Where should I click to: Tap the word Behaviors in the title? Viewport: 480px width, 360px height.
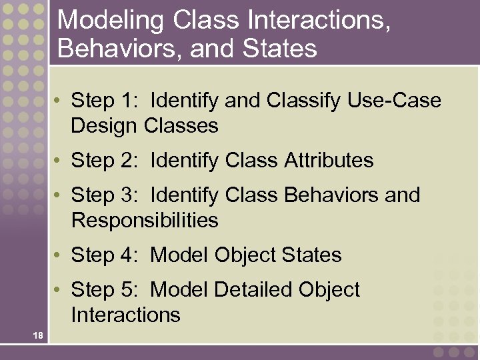[x=115, y=48]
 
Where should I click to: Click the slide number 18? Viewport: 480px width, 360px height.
[x=38, y=335]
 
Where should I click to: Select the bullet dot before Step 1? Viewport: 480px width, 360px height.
[x=59, y=101]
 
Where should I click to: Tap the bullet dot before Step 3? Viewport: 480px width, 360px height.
[x=59, y=195]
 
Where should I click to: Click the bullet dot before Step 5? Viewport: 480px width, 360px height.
[x=59, y=290]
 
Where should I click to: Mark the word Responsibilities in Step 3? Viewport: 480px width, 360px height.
[x=145, y=220]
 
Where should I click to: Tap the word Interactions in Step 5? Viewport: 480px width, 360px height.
[x=125, y=315]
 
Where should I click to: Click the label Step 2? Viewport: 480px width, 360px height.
[x=106, y=161]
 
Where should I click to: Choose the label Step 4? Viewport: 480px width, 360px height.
[x=106, y=255]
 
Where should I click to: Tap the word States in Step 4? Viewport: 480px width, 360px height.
[x=311, y=255]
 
